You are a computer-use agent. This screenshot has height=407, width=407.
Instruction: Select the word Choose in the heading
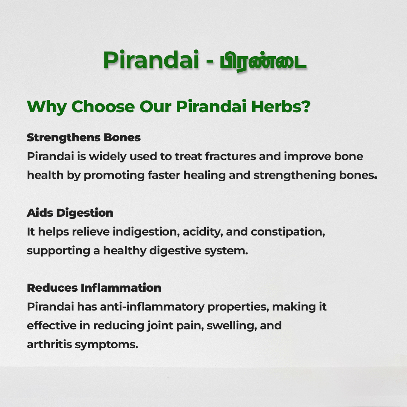(103, 106)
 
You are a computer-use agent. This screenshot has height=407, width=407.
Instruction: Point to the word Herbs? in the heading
(281, 106)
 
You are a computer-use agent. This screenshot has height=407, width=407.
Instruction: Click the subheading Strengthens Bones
(84, 138)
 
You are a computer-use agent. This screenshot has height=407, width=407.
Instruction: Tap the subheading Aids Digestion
(70, 213)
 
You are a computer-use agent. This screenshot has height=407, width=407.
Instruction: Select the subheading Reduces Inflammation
(94, 288)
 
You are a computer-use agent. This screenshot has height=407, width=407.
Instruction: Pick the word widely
(108, 157)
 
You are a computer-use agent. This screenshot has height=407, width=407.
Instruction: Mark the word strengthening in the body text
(295, 176)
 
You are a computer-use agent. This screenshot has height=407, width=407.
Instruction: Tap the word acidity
(203, 232)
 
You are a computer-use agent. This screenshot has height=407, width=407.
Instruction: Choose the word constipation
(288, 232)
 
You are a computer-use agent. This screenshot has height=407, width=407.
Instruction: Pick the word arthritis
(49, 344)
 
